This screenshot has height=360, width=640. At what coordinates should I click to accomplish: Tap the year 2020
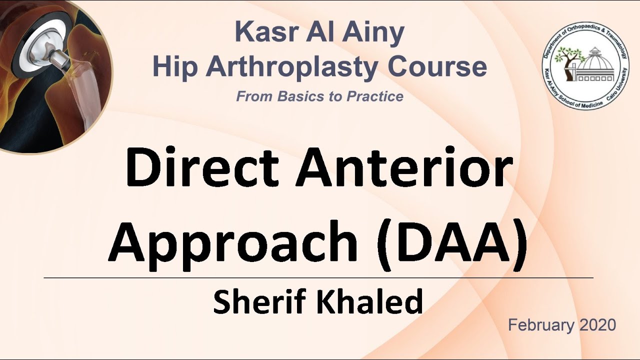pos(597,325)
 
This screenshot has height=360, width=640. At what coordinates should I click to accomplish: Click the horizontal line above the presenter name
pos(318,277)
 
